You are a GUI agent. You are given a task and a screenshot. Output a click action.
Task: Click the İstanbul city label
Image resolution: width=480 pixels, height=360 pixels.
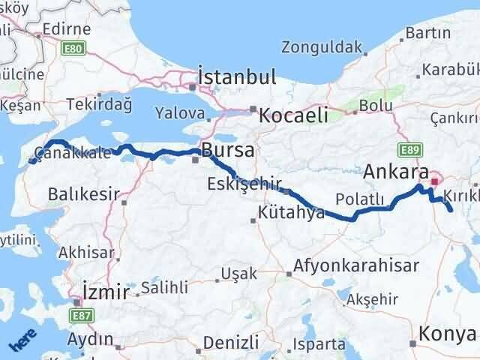click(x=237, y=77)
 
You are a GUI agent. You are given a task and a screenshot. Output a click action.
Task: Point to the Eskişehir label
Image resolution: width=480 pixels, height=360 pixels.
click(x=244, y=183)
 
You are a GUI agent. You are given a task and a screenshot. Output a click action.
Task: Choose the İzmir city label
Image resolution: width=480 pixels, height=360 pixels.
click(x=105, y=292)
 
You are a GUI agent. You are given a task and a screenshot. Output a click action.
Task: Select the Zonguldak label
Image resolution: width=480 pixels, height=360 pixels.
click(x=321, y=47)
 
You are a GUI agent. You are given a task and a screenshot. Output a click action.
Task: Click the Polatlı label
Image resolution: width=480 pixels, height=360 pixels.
click(x=361, y=199)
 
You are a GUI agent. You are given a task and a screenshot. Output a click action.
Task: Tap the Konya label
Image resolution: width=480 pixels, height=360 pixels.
click(x=448, y=334)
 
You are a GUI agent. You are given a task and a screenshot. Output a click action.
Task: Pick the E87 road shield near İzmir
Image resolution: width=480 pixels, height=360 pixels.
click(x=84, y=316)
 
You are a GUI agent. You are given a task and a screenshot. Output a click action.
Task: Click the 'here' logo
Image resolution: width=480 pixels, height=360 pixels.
click(x=22, y=342)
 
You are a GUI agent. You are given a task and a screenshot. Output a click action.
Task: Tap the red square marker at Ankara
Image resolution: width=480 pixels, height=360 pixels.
click(x=434, y=181)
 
